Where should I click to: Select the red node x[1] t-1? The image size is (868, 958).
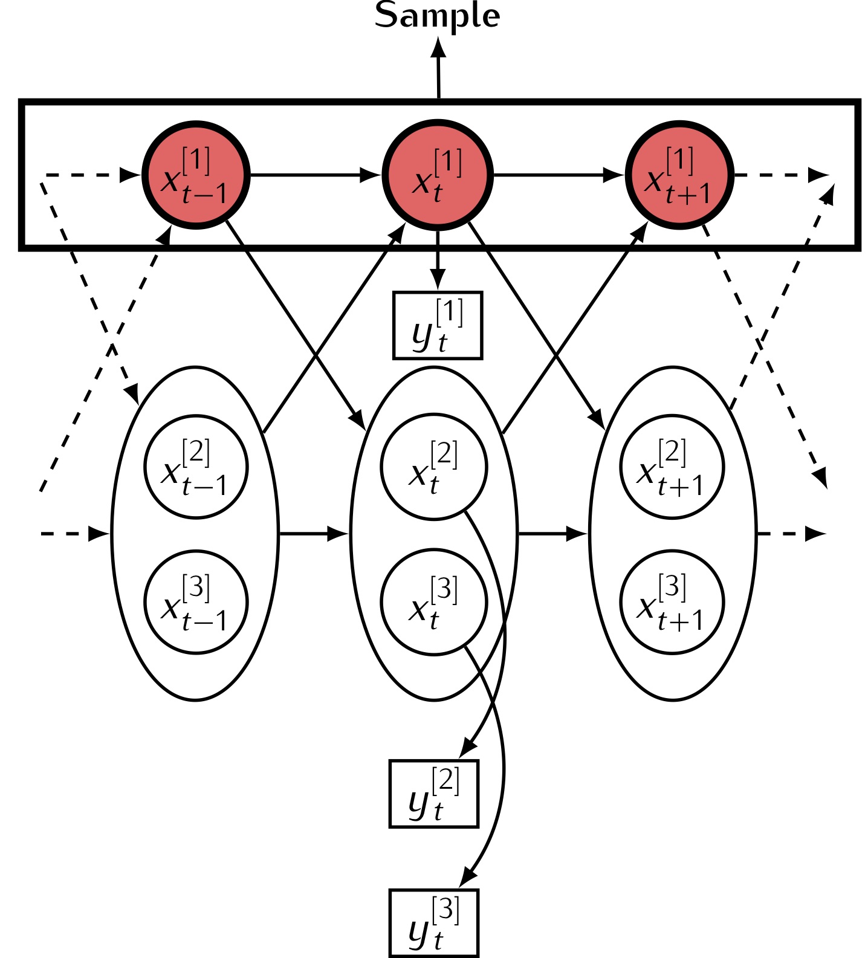pos(196,175)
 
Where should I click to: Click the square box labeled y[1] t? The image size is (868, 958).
pos(438,326)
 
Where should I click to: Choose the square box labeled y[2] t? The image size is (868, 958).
pos(434,794)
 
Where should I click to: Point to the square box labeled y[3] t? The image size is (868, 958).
pos(434,923)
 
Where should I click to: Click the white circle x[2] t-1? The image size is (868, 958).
pos(196,467)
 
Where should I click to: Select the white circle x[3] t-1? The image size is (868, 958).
pos(196,602)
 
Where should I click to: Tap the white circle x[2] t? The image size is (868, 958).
pos(434,467)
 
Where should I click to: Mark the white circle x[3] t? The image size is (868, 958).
pos(434,602)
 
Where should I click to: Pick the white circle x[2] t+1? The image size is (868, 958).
pos(672,467)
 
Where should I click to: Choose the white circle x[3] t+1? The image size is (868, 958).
pos(672,602)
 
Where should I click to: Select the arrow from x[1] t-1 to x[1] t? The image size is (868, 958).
pos(314,175)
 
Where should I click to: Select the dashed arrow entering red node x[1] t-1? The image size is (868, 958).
pos(91,175)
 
